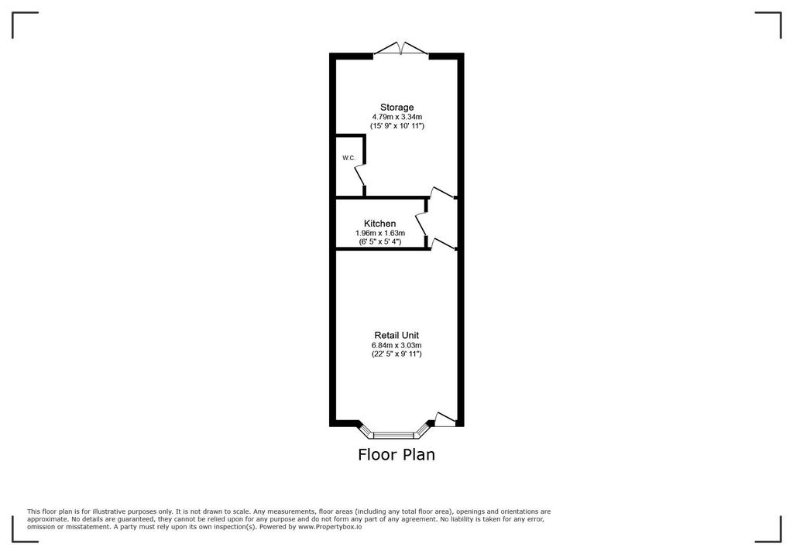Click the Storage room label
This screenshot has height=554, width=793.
pos(397,107)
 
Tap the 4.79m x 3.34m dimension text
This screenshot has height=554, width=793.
pos(397,117)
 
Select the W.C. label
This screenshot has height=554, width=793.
pos(349,158)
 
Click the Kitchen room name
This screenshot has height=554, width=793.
pos(379,224)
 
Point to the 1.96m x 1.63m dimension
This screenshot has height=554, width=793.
pos(380,233)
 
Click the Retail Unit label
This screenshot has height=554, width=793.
pos(396,335)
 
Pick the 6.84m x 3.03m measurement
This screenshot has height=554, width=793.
pos(396,345)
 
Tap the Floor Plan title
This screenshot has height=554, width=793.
pos(396,454)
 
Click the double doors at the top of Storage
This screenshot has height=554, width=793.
pos(400,48)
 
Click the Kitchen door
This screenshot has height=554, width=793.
pos(421,224)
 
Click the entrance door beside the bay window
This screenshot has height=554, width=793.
pos(445,419)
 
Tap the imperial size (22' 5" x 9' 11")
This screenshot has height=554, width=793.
pos(396,354)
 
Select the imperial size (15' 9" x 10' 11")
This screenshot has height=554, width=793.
pos(397,125)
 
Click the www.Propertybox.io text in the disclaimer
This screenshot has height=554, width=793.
pos(330,527)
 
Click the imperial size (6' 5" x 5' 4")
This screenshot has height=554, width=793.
pos(380,241)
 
